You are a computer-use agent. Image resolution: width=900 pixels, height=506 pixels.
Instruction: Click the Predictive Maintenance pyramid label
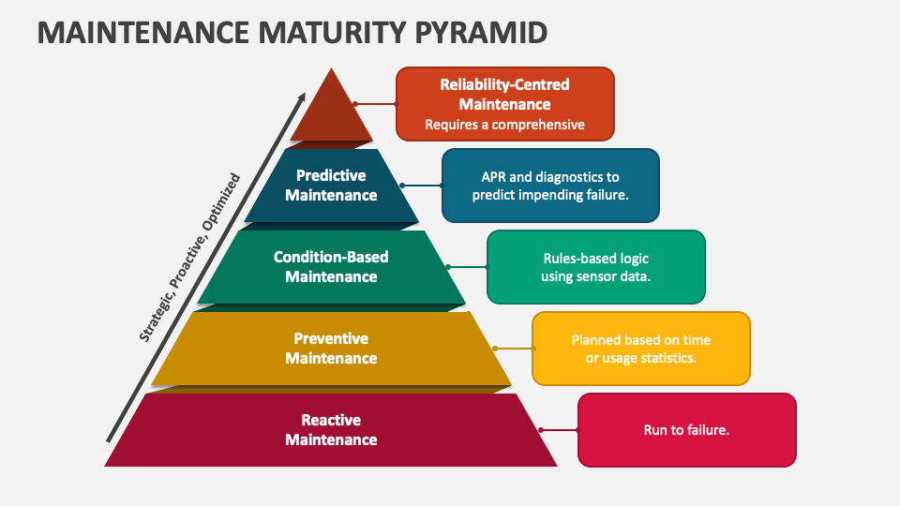click(x=331, y=186)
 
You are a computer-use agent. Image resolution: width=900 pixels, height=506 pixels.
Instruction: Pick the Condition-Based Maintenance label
click(x=331, y=267)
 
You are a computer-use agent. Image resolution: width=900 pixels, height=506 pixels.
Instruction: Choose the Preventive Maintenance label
click(x=331, y=349)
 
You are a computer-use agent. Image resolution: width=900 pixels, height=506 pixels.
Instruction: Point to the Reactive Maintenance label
click(x=331, y=430)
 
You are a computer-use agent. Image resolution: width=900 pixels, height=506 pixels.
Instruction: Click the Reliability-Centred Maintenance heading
click(x=504, y=95)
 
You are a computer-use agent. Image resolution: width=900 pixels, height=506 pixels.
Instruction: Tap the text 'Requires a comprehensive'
click(x=504, y=125)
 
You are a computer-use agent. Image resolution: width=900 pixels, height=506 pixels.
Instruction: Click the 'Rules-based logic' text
click(x=595, y=259)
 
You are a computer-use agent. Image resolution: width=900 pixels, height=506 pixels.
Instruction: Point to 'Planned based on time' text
click(x=641, y=340)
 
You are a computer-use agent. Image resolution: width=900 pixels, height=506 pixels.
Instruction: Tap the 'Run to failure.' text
click(x=686, y=430)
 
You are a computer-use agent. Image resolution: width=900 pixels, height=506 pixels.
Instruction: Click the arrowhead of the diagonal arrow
click(x=302, y=97)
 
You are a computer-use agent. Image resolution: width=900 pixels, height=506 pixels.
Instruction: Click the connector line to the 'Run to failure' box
click(x=559, y=430)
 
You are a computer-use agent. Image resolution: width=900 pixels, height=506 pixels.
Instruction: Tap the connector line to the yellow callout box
click(x=513, y=349)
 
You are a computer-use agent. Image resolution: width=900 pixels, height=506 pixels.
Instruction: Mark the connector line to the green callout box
click(x=467, y=267)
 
